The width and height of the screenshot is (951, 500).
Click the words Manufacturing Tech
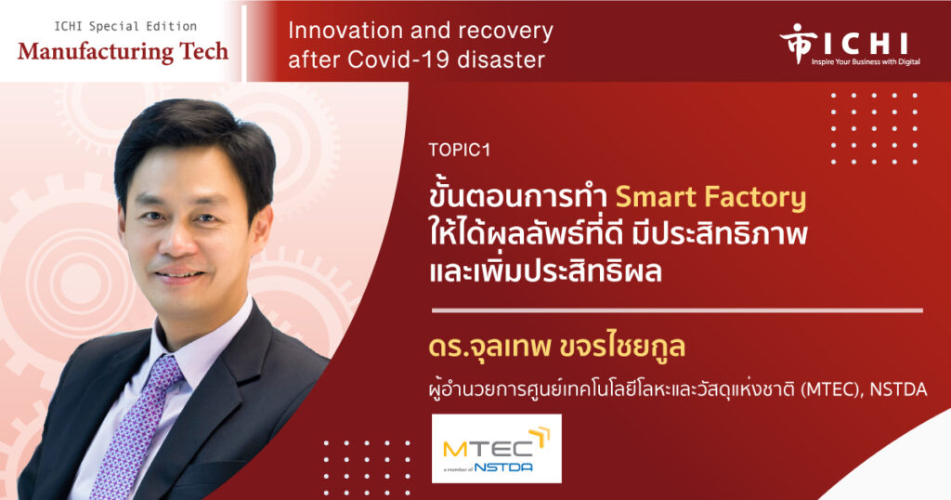tap(124, 51)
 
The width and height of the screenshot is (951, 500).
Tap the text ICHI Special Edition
tap(125, 26)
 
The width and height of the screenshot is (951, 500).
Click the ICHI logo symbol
tap(793, 43)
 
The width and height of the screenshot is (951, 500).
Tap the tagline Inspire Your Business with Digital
tap(866, 62)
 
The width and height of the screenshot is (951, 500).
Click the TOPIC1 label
tap(459, 150)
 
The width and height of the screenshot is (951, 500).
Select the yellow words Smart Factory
tap(710, 198)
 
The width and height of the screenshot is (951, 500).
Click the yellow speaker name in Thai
tap(557, 347)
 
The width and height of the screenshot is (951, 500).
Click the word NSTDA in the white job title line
tap(898, 389)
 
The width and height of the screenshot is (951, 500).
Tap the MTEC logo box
tap(496, 449)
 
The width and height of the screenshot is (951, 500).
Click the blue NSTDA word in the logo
tap(503, 467)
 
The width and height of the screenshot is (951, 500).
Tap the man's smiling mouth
tap(181, 275)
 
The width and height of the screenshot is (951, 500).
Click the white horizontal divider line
tap(677, 310)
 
